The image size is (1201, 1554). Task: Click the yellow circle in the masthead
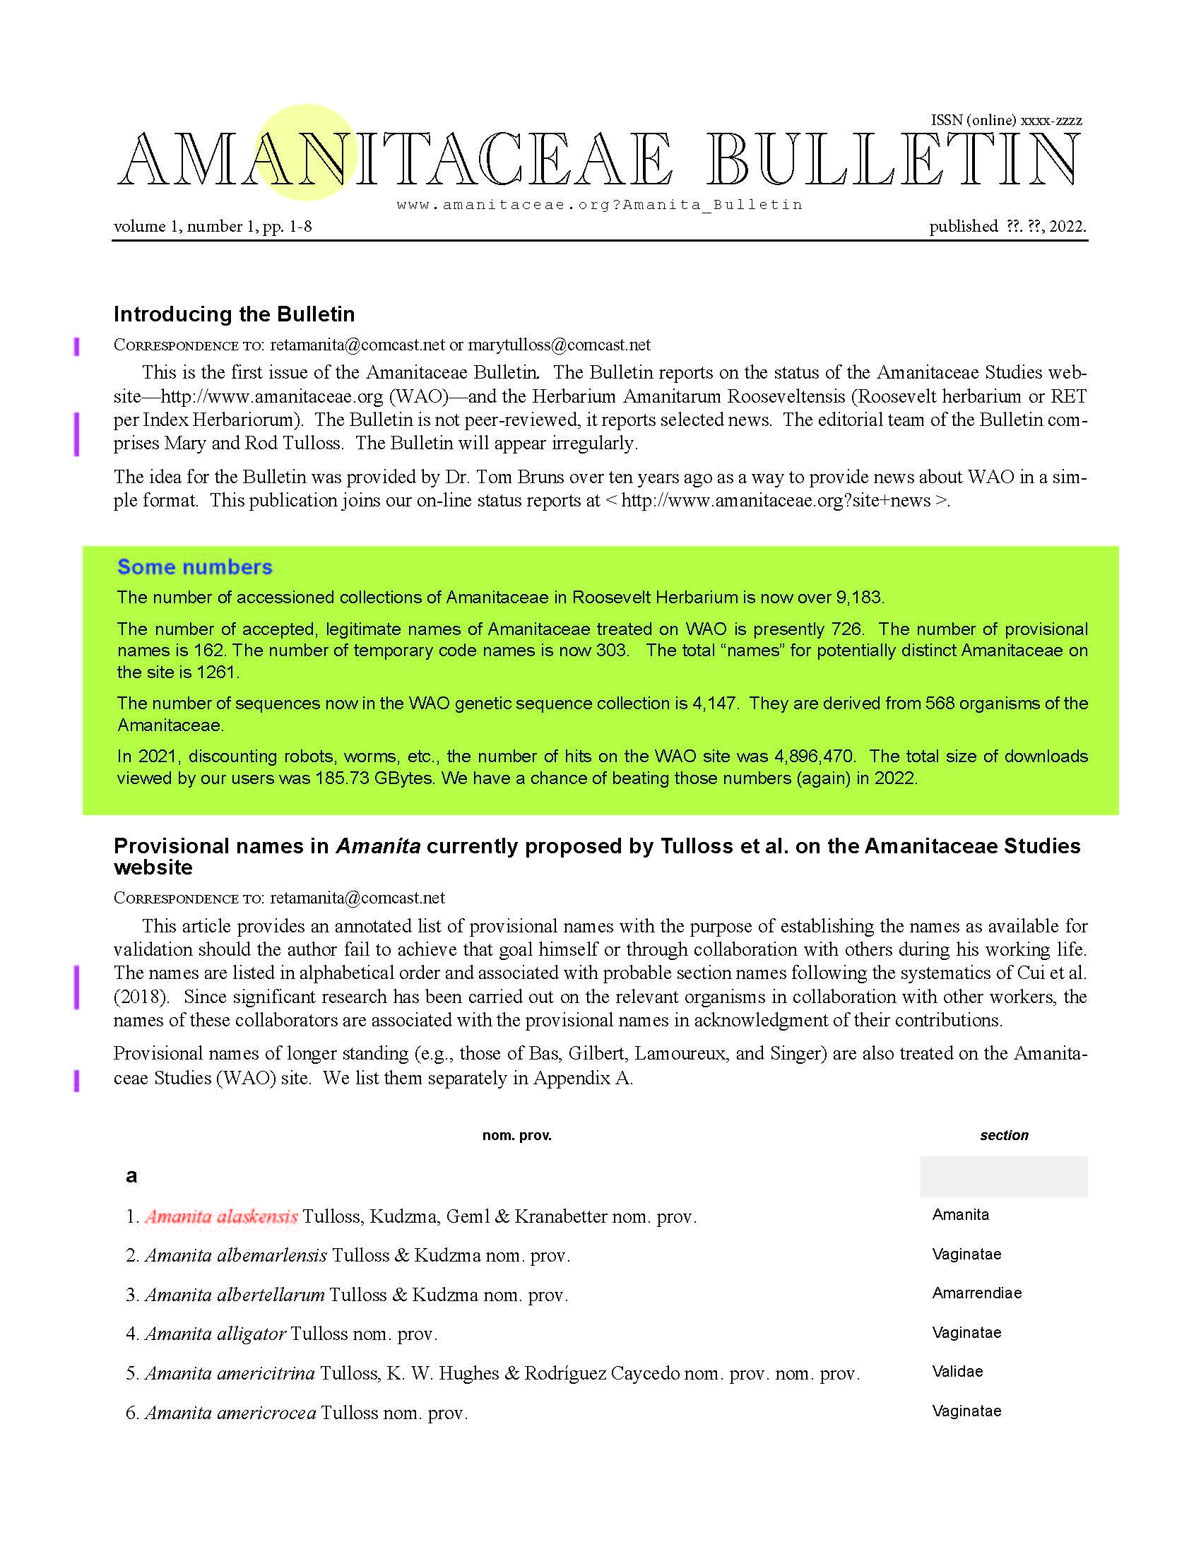(306, 152)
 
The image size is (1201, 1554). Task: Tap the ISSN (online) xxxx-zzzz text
(1006, 120)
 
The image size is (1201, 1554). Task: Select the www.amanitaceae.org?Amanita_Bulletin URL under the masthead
(599, 205)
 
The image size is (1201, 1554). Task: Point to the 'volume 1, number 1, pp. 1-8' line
(213, 226)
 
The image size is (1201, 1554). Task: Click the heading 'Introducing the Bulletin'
(234, 314)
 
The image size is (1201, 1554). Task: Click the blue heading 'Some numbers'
(194, 567)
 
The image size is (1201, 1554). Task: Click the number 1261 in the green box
(216, 672)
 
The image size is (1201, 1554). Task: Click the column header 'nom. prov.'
(516, 1135)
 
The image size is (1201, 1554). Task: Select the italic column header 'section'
(1003, 1135)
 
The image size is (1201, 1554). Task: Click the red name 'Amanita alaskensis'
(221, 1217)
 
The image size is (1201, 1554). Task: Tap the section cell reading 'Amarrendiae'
(976, 1293)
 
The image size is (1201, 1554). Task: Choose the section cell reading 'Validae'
(957, 1371)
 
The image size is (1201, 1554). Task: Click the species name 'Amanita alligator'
(215, 1334)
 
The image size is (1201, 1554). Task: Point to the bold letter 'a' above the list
(131, 1175)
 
